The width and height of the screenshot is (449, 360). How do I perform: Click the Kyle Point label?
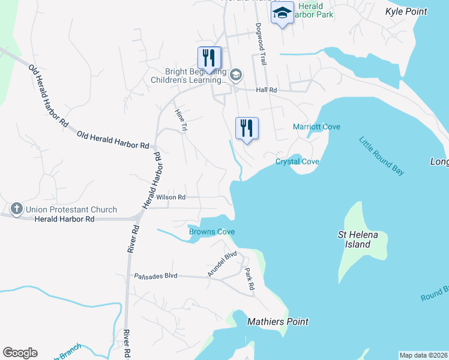(406, 11)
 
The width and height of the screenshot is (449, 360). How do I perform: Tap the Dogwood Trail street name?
(261, 44)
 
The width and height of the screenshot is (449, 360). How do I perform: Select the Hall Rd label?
(266, 90)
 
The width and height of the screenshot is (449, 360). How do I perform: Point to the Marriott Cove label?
(316, 127)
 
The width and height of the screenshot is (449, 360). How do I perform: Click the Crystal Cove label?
(297, 162)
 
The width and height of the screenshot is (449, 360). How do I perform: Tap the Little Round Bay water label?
(382, 156)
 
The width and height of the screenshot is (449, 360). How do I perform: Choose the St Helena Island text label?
(358, 239)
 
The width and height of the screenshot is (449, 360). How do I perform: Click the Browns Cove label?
(211, 232)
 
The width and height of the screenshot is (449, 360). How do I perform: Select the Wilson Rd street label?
(171, 197)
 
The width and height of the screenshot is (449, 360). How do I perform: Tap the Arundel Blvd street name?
(222, 264)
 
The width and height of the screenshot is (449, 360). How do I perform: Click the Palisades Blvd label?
(155, 275)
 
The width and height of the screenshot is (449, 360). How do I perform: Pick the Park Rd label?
(249, 280)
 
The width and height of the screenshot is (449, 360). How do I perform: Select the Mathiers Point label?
(278, 322)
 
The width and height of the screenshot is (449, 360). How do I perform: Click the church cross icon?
(16, 209)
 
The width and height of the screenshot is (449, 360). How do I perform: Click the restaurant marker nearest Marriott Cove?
(247, 128)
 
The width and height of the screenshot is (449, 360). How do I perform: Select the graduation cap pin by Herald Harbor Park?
(282, 13)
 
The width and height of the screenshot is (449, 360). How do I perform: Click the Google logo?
(20, 353)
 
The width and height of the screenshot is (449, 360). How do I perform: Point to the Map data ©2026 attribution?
(423, 355)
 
